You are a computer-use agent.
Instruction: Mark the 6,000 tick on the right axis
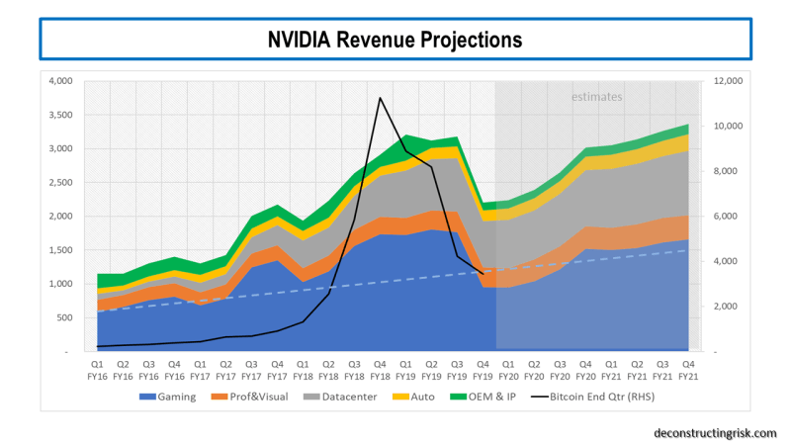click(724, 217)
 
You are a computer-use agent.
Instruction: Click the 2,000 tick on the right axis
click(724, 307)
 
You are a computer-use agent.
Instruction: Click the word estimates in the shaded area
click(597, 97)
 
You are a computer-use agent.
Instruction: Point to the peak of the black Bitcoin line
click(380, 97)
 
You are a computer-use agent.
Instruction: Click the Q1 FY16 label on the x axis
click(97, 370)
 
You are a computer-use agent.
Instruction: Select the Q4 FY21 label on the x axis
click(688, 370)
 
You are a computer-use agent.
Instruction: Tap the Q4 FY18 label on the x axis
click(380, 370)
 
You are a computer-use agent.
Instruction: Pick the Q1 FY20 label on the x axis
click(508, 370)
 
